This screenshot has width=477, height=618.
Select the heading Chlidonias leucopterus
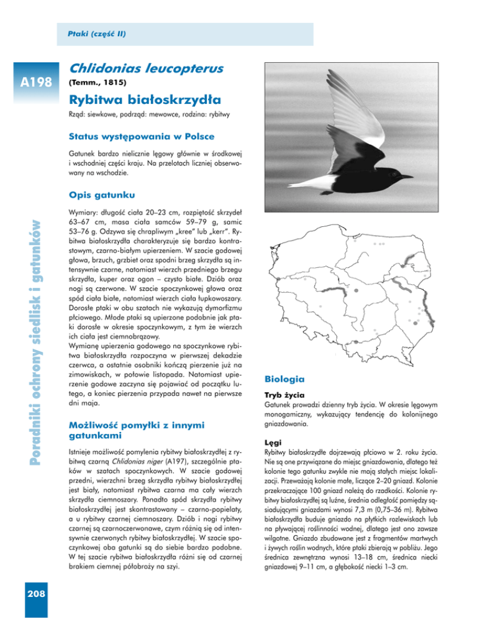pos(143,67)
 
